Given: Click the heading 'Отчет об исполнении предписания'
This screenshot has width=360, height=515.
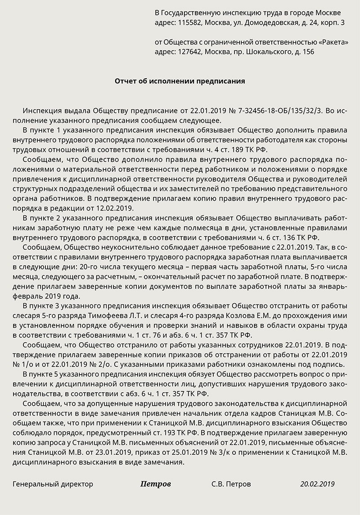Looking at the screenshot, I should pos(180,81).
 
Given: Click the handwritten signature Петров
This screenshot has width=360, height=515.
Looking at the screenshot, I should pos(156,484).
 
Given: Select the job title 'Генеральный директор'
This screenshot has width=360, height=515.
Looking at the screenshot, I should pos(53,484).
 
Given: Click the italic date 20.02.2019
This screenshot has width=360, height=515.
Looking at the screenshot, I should pos(318,484).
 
